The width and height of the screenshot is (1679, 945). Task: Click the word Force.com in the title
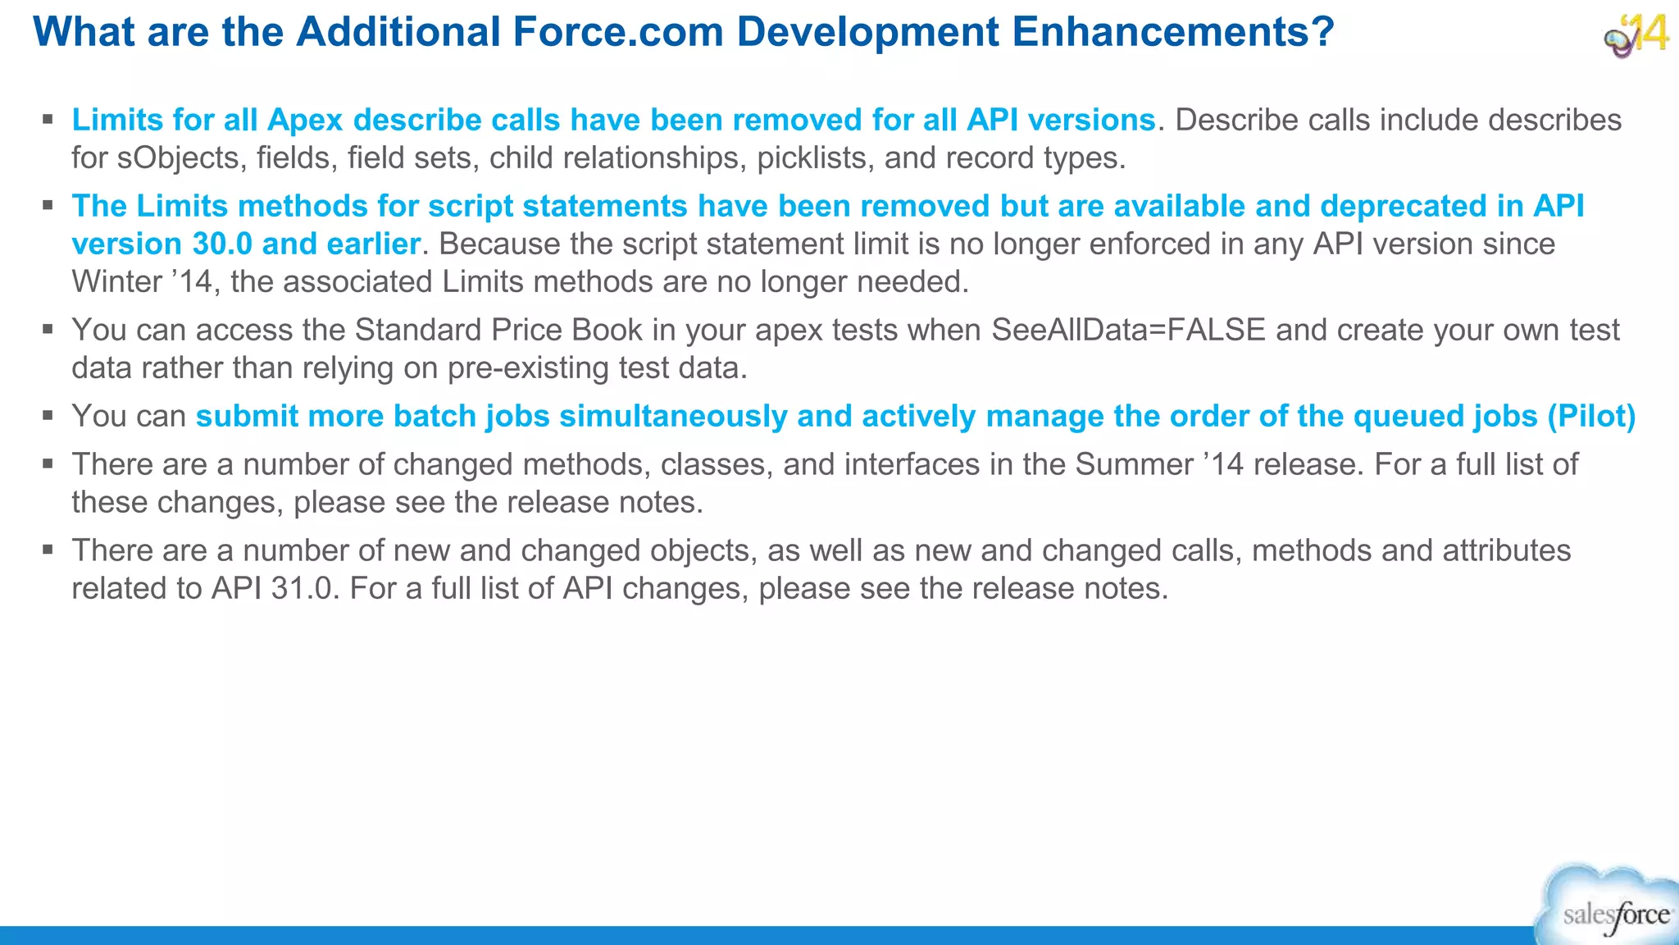[618, 33]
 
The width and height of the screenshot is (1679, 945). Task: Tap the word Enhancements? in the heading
[1173, 33]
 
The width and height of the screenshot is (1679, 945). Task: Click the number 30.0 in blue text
[222, 244]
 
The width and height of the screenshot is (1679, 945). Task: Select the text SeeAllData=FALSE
[1129, 331]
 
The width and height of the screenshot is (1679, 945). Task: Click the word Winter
[117, 282]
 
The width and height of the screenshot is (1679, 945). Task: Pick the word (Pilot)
[1591, 417]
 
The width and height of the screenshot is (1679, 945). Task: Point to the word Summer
[1134, 465]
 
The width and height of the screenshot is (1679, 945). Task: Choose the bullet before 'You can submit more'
[48, 416]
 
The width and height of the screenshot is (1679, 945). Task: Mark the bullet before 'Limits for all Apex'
[48, 120]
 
